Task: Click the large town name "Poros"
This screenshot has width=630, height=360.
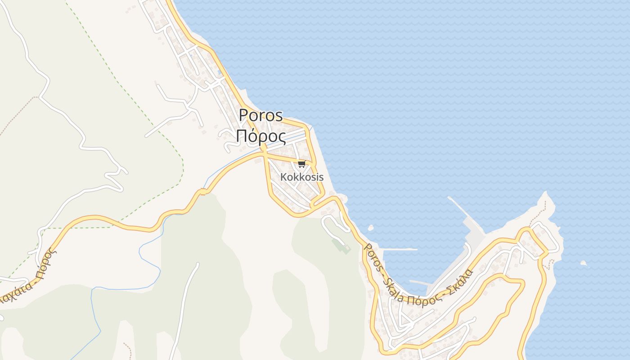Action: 261,115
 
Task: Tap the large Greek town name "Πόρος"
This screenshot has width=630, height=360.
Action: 261,136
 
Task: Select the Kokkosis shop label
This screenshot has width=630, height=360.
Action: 301,177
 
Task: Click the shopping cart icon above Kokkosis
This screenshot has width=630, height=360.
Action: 301,164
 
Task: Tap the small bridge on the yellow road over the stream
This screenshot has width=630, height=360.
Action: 202,192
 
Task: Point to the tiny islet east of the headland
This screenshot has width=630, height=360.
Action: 584,263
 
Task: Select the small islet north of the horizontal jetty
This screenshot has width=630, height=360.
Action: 371,228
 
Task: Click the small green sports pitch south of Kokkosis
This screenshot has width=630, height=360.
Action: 341,245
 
